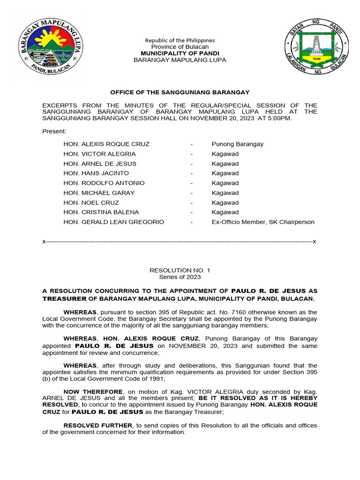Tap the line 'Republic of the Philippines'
pyautogui.click(x=180, y=40)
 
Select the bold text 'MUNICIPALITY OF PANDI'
pyautogui.click(x=180, y=53)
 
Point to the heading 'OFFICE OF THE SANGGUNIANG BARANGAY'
pyautogui.click(x=180, y=92)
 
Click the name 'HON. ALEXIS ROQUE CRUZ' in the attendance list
pyautogui.click(x=106, y=144)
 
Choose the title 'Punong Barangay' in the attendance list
pyautogui.click(x=237, y=144)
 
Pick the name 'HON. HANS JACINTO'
pyautogui.click(x=96, y=173)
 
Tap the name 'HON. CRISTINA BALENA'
pyautogui.click(x=102, y=212)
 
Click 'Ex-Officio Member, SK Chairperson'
pyautogui.click(x=263, y=222)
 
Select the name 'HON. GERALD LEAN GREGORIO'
pyautogui.click(x=114, y=222)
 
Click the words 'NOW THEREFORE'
pyautogui.click(x=93, y=391)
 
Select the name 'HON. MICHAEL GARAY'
pyautogui.click(x=99, y=193)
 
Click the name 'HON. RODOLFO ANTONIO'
pyautogui.click(x=104, y=183)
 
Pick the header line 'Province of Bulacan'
pyautogui.click(x=180, y=47)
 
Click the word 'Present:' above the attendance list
pyautogui.click(x=54, y=131)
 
